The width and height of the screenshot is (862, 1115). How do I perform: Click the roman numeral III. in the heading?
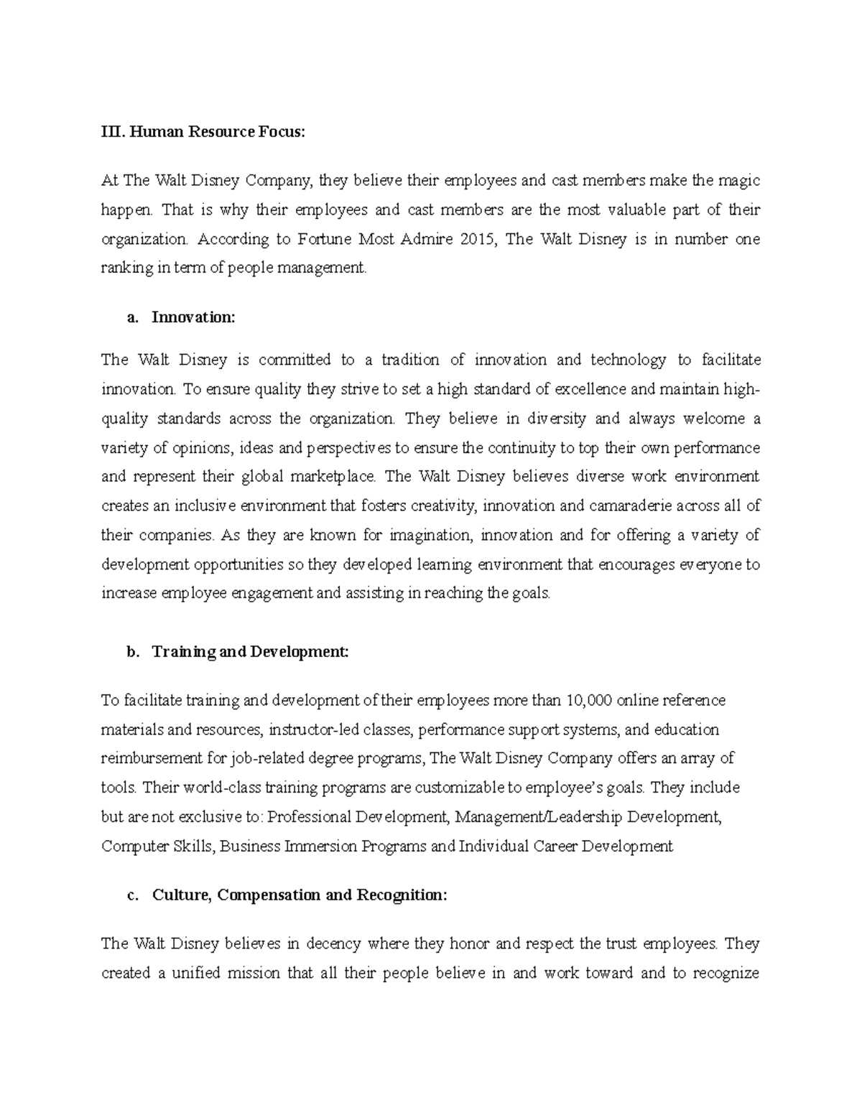point(109,131)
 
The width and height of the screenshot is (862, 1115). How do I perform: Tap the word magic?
point(739,180)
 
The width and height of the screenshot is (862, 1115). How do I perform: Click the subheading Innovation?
point(193,317)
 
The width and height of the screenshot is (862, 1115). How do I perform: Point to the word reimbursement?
point(144,758)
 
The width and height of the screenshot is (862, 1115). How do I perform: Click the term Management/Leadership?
point(537,817)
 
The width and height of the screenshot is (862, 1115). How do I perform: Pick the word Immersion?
point(322,846)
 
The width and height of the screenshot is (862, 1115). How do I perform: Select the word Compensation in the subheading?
point(269,895)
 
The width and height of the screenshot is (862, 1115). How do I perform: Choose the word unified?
point(196,973)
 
